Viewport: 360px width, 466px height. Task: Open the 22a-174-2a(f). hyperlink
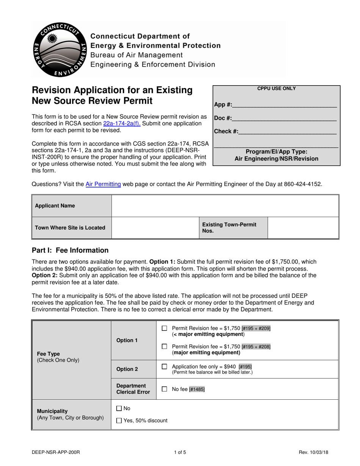tap(122, 124)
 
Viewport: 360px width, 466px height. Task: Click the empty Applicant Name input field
tap(225, 206)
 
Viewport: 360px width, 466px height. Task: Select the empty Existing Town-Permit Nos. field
tap(303, 228)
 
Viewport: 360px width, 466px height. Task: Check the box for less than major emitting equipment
tap(164, 328)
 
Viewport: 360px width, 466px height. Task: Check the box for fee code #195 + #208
tap(164, 347)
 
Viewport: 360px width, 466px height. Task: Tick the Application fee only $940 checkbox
tap(164, 367)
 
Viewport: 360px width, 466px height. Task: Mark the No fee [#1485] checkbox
tap(164, 389)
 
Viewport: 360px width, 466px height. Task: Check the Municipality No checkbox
tap(119, 408)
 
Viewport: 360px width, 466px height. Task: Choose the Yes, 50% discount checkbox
tap(119, 420)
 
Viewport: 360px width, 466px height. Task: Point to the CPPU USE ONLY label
tap(276, 89)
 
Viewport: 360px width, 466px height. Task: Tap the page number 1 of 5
tap(180, 452)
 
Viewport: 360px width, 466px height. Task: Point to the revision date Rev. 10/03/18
tap(313, 452)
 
